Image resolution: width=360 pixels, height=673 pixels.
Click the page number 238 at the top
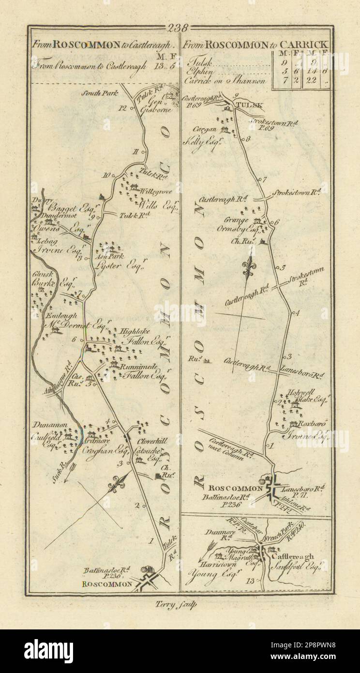[180, 28]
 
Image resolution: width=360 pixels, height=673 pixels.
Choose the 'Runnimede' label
[137, 366]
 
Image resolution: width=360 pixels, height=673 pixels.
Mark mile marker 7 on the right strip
[264, 180]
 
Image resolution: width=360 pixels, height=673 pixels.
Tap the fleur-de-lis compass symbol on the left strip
[117, 483]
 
